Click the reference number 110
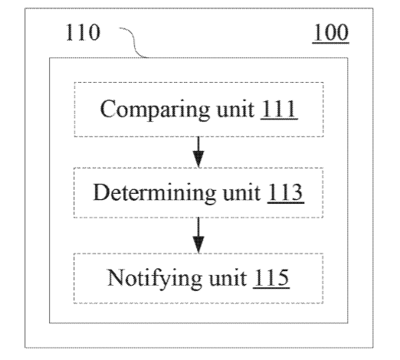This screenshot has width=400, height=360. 83,32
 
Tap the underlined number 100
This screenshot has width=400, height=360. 331,32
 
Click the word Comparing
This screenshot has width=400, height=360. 155,110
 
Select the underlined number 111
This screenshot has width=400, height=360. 279,109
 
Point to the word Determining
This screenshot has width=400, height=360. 154,194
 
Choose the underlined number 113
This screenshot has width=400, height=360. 285,192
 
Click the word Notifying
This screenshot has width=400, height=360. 154,279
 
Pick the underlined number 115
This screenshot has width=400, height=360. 271,278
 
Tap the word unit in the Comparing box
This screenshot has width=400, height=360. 235,110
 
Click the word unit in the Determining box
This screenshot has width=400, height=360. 241,193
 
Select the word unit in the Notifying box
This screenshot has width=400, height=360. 228,278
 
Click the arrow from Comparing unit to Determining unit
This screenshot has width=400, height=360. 198,152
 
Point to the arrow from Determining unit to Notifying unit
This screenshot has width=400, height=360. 198,235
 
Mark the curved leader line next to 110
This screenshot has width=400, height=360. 133,42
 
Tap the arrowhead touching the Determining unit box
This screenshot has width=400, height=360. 198,159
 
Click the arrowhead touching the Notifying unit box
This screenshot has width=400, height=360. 198,245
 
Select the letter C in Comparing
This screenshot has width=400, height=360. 107,109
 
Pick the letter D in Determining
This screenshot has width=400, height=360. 101,192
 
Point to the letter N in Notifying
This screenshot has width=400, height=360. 116,277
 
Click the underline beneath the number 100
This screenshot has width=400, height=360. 331,43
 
